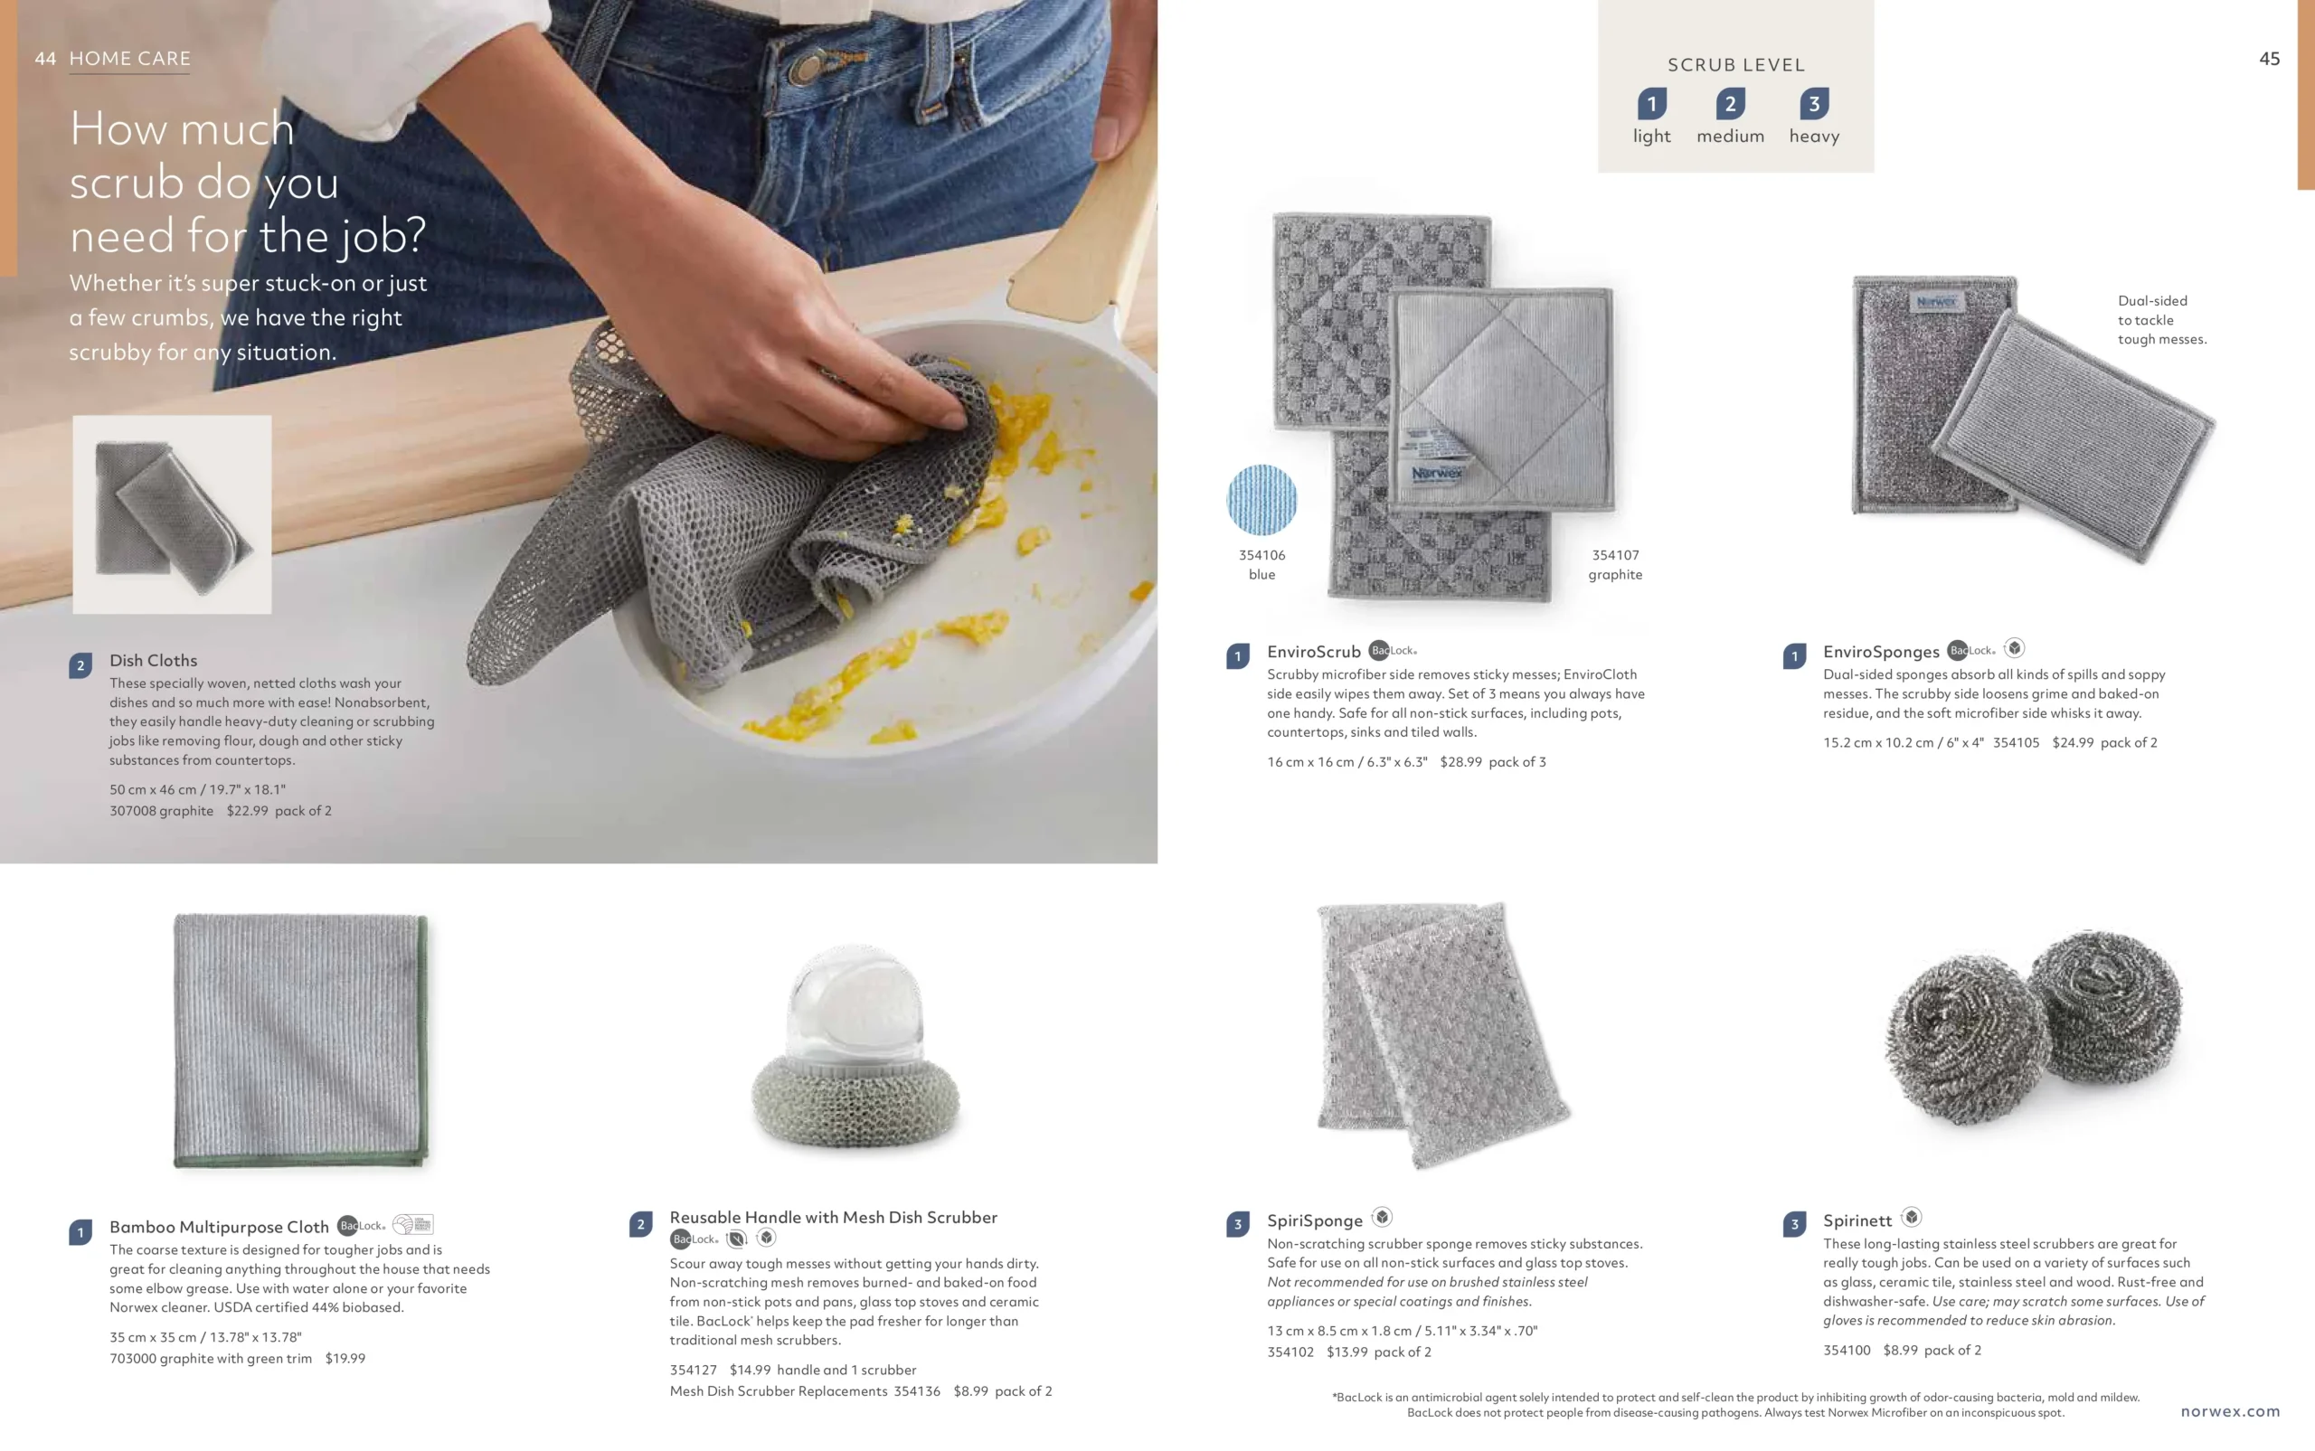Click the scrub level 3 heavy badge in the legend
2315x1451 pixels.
click(x=1813, y=104)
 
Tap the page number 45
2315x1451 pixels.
click(x=2269, y=59)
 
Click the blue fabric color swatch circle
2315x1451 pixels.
click(x=1261, y=500)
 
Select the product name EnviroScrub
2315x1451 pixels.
click(x=1313, y=652)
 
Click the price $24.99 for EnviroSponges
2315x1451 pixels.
click(x=2072, y=743)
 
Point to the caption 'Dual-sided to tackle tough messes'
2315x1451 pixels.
click(x=2160, y=319)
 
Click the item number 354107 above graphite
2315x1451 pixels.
click(x=1615, y=555)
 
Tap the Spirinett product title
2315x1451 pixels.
click(x=1857, y=1220)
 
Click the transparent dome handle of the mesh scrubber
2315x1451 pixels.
click(x=854, y=1008)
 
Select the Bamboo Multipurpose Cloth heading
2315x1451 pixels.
click(x=219, y=1227)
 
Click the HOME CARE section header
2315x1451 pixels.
click(x=129, y=59)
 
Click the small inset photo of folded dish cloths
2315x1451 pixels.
click(x=172, y=514)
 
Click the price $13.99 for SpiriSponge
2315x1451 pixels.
click(x=1346, y=1352)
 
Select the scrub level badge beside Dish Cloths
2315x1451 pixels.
click(x=80, y=665)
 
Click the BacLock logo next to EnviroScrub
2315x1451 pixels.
click(x=1392, y=651)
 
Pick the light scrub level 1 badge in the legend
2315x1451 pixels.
click(x=1651, y=104)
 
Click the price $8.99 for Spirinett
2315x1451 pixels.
click(x=1899, y=1351)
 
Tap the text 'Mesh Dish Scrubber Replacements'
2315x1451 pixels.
click(x=778, y=1391)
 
